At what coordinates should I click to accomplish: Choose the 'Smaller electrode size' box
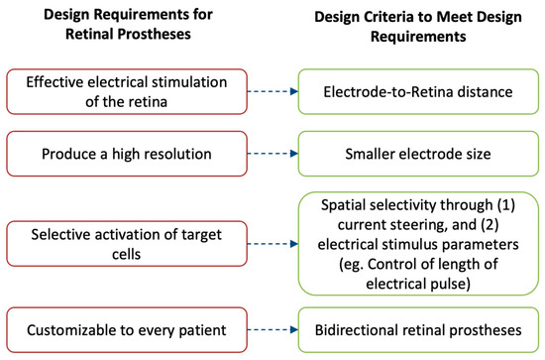416,156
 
